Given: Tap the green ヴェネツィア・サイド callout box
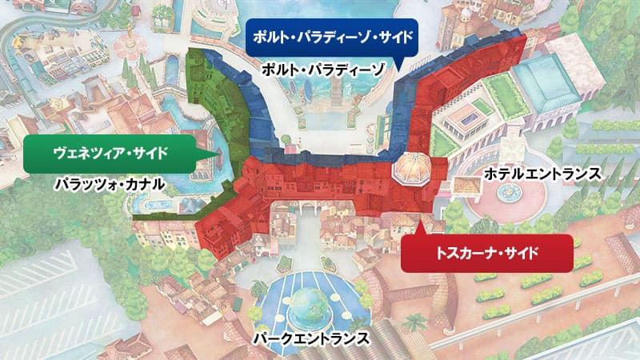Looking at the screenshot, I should click(x=111, y=151).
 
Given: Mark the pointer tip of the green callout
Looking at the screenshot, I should click(x=218, y=151).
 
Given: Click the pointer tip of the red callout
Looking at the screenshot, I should click(x=414, y=224).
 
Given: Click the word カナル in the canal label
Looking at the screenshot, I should click(x=147, y=185).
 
